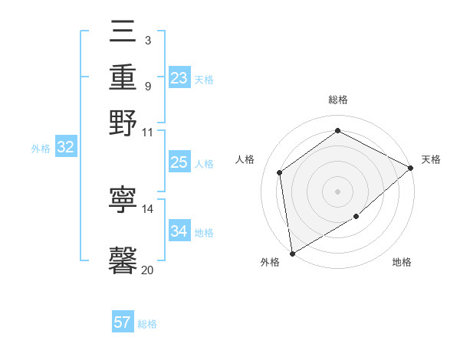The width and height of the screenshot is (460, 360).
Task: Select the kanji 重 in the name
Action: [123, 77]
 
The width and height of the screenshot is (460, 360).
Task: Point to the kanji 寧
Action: [123, 200]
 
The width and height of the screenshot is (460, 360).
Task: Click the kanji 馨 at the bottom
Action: [123, 259]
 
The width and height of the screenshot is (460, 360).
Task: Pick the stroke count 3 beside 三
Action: [147, 40]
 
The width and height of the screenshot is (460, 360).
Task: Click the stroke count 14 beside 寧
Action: [148, 208]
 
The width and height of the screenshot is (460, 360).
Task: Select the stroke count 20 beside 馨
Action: [148, 270]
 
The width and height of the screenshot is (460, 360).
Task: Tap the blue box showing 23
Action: [179, 78]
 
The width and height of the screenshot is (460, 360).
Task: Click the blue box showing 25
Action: [179, 162]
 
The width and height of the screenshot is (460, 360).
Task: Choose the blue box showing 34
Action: [179, 231]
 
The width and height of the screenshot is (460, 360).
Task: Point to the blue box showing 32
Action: [65, 148]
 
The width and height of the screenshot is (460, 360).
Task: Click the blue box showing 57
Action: [122, 322]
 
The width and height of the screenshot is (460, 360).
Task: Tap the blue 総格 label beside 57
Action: [147, 324]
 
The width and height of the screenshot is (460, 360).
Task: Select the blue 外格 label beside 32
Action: [41, 149]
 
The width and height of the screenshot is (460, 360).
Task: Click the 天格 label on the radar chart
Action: [431, 159]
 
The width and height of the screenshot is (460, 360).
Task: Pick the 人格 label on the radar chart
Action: [245, 159]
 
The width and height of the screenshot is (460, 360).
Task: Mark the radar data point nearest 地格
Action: [356, 218]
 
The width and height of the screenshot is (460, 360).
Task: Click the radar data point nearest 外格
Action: [292, 253]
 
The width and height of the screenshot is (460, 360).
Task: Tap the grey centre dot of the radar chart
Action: [337, 191]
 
